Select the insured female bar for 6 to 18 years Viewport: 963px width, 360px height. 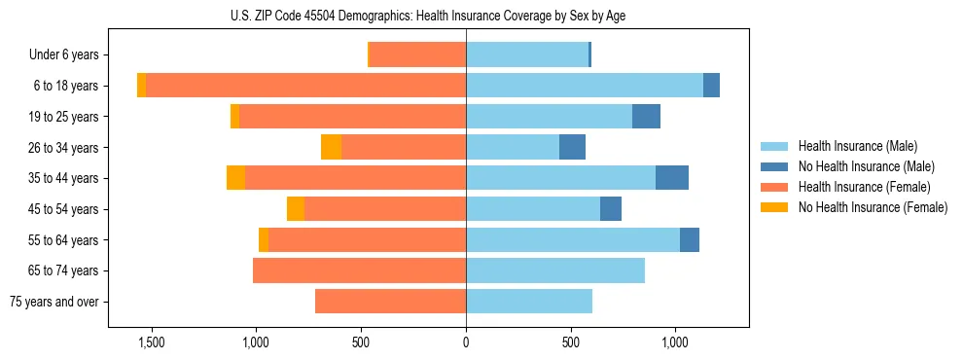click(x=305, y=86)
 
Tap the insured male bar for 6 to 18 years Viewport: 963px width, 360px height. click(x=585, y=86)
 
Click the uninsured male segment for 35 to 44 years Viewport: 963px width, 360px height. click(x=672, y=178)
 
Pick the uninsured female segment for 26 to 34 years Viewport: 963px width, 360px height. click(x=331, y=147)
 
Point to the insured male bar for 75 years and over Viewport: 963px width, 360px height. click(x=529, y=302)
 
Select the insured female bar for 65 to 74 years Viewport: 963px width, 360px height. click(x=359, y=270)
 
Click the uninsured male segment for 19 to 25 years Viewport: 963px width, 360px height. click(x=646, y=117)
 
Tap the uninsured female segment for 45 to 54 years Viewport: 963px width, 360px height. click(x=296, y=209)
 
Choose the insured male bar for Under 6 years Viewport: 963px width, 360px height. click(x=527, y=54)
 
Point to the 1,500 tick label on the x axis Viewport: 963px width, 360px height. click(x=151, y=343)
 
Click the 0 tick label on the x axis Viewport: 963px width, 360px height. click(x=466, y=343)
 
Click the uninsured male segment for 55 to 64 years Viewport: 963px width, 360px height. click(x=690, y=239)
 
